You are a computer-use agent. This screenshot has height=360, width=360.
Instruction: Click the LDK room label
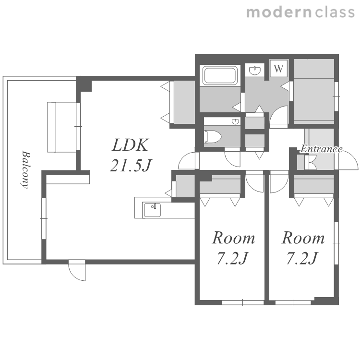pyautogui.click(x=130, y=145)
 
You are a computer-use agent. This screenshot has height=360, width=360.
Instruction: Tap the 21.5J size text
pyautogui.click(x=131, y=165)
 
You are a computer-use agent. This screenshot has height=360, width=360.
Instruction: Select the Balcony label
pyautogui.click(x=25, y=169)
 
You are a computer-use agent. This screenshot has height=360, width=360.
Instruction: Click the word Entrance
pyautogui.click(x=322, y=149)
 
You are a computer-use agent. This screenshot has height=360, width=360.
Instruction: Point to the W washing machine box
pyautogui.click(x=278, y=69)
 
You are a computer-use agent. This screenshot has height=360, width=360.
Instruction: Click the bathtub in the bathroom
pyautogui.click(x=220, y=75)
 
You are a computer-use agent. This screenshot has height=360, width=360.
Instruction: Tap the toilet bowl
pyautogui.click(x=213, y=137)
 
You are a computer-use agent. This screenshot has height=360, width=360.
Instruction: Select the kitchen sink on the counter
pyautogui.click(x=152, y=210)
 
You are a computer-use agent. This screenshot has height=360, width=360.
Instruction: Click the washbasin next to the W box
pyautogui.click(x=255, y=70)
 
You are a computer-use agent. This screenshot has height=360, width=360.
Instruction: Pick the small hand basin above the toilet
pyautogui.click(x=235, y=121)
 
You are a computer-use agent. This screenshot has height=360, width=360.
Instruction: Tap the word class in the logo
pyautogui.click(x=335, y=12)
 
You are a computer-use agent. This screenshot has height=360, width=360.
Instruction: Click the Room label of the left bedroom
pyautogui.click(x=233, y=238)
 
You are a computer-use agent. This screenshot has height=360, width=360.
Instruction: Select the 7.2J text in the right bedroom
pyautogui.click(x=302, y=258)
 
